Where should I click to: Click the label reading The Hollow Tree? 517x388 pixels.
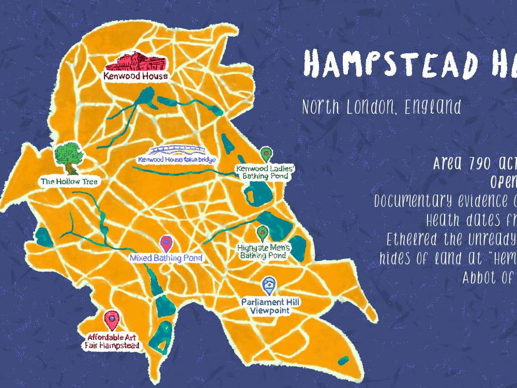[69, 182]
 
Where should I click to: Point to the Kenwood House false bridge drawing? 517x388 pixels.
[176, 151]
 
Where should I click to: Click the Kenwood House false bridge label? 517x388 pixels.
[176, 160]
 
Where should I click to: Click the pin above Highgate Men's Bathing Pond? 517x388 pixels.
[263, 234]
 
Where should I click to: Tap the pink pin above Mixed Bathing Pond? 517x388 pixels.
[166, 243]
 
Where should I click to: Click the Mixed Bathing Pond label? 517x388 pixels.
[165, 258]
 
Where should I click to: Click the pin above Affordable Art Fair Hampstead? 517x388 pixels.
[111, 320]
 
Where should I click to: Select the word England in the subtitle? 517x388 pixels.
[433, 107]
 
